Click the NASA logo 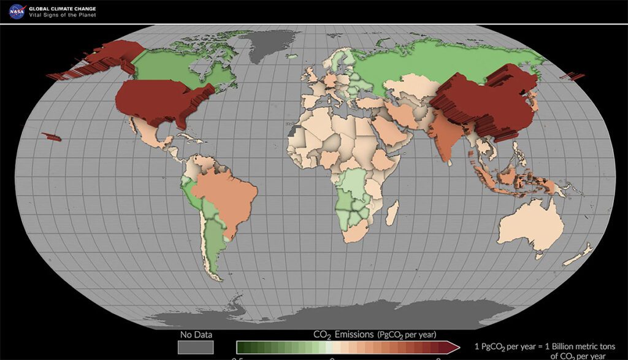(x=16, y=10)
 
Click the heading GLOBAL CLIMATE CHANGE (x=63, y=8)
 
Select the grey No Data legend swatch (x=196, y=347)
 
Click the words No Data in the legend (x=196, y=334)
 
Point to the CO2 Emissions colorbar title (x=374, y=334)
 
